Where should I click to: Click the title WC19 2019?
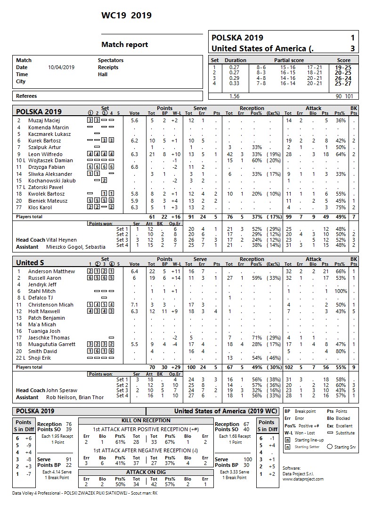tap(126, 16)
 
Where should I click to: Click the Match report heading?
tap(124, 45)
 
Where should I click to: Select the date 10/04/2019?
tap(61, 67)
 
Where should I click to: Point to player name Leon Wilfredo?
tap(45, 154)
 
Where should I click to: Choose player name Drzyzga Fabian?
tap(46, 167)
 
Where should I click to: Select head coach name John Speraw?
tap(62, 390)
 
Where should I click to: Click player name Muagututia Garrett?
tap(51, 344)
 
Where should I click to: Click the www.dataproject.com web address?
tap(303, 479)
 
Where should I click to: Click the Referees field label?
tap(26, 96)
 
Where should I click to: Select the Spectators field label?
tap(111, 60)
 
